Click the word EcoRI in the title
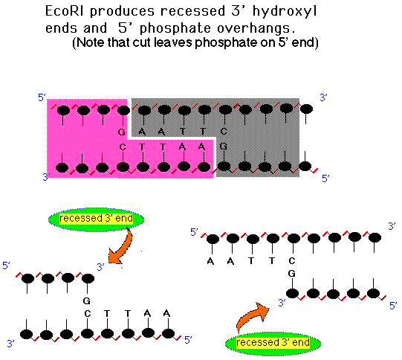point(64,11)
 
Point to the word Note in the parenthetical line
point(91,42)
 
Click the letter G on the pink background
point(122,132)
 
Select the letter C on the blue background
point(224,132)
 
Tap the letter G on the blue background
point(224,147)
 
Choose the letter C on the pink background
point(123,147)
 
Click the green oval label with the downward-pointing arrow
point(96,219)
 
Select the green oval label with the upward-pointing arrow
point(273,343)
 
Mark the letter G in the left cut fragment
point(87,300)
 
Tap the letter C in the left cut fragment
point(88,314)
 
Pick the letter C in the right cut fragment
point(292,261)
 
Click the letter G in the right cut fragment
point(292,274)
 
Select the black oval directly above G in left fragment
point(88,278)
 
